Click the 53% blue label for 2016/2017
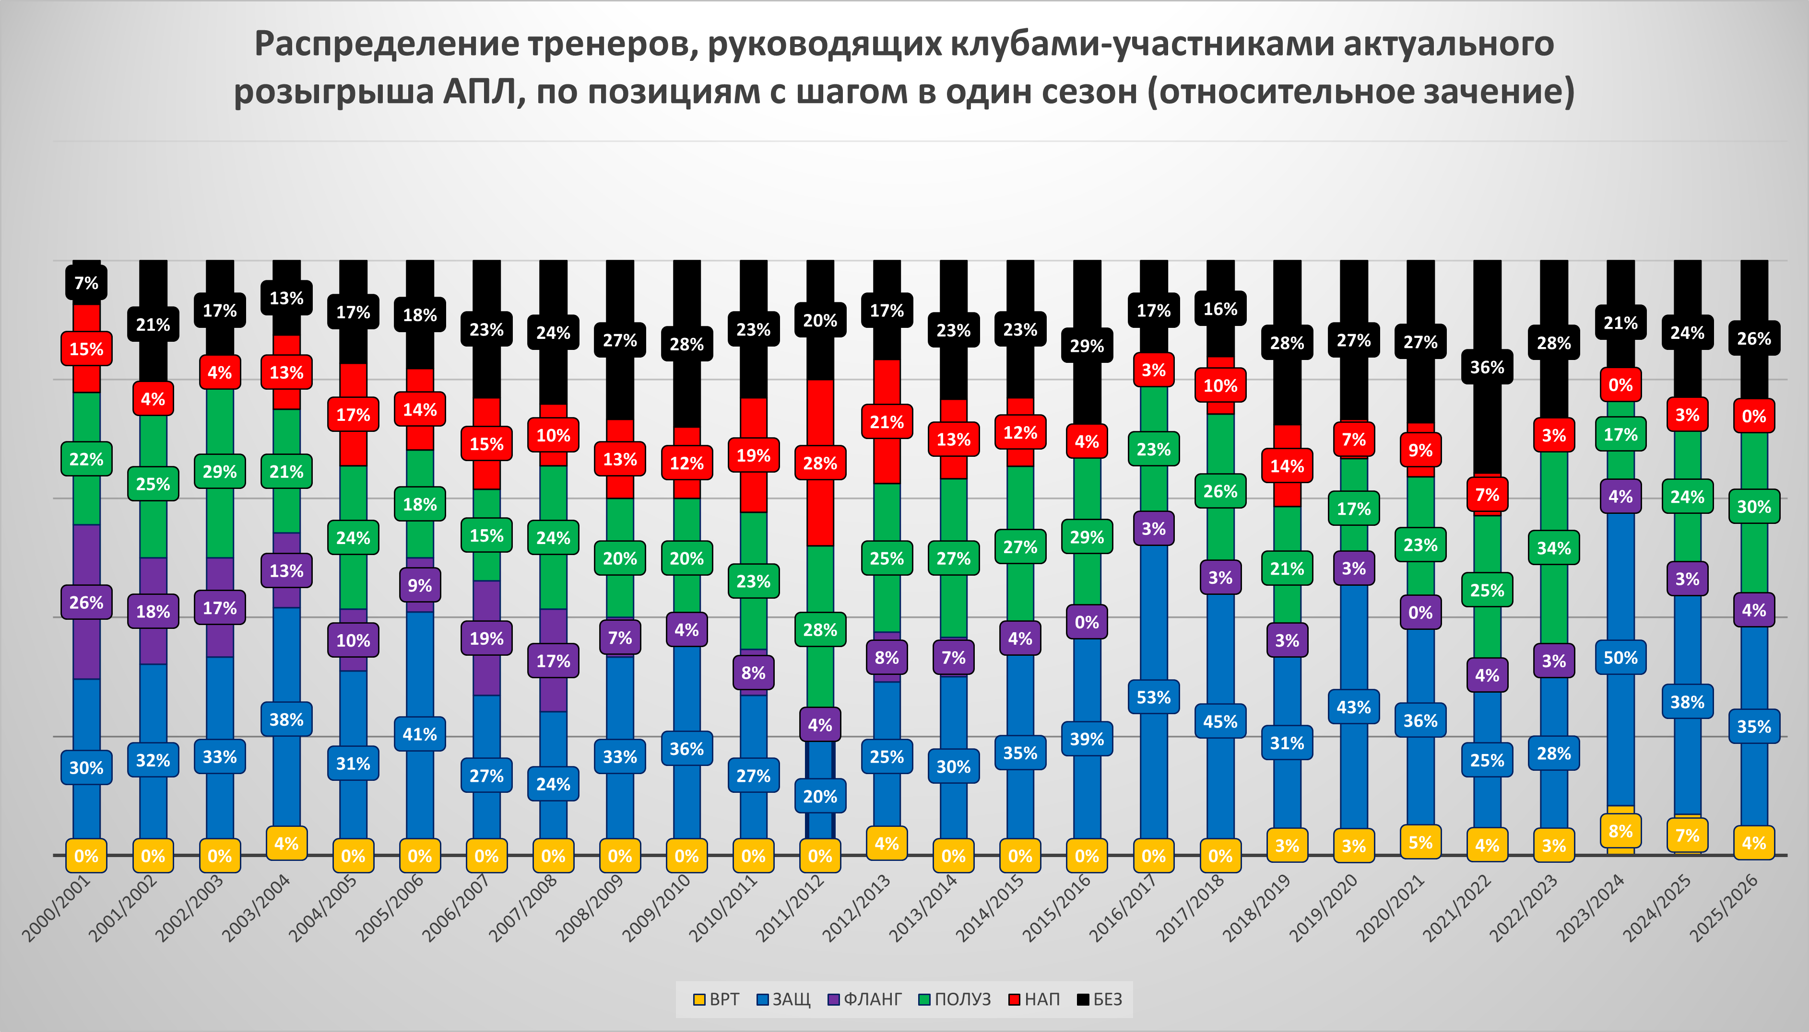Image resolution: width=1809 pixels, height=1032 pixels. click(1153, 697)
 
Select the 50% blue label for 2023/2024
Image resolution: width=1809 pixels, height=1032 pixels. click(1620, 658)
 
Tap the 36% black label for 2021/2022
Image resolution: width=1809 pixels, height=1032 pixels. click(1487, 367)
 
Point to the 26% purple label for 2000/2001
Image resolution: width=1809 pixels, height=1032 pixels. click(86, 603)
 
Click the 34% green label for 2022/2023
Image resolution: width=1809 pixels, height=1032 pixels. click(1554, 548)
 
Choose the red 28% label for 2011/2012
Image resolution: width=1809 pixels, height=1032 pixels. click(820, 464)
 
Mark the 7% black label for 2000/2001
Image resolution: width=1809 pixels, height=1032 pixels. click(86, 283)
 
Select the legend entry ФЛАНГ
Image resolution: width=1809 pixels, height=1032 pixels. click(865, 999)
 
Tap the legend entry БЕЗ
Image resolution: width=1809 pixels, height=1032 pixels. click(1100, 999)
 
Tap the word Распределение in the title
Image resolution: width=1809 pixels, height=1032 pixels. click(387, 44)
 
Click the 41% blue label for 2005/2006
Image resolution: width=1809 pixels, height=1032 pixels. click(420, 734)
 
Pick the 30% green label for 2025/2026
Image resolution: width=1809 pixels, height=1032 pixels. click(1754, 507)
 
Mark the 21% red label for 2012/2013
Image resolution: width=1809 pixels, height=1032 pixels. click(887, 422)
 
